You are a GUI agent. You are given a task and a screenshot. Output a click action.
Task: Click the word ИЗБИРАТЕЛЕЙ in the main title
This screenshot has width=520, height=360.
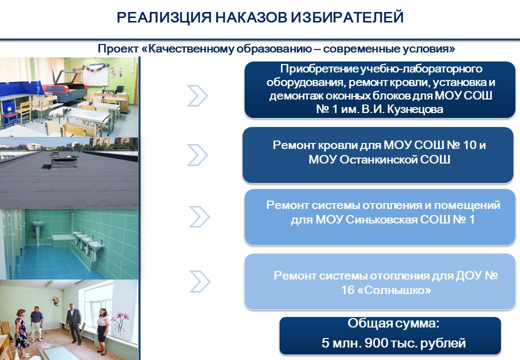[347, 17]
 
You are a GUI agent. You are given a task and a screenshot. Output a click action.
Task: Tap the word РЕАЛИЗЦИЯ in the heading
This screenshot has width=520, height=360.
[164, 17]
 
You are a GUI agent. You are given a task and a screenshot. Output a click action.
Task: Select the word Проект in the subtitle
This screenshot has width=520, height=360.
[118, 48]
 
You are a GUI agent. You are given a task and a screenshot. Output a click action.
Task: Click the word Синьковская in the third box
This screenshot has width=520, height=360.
[381, 219]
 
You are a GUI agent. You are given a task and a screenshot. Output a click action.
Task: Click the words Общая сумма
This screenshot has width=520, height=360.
[393, 323]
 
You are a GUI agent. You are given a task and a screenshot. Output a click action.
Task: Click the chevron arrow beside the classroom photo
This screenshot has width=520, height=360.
[197, 96]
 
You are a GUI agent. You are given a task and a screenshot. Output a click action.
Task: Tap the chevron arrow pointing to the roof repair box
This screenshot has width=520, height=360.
[197, 155]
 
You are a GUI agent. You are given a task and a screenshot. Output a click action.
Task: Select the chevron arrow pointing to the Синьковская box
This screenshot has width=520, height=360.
[199, 217]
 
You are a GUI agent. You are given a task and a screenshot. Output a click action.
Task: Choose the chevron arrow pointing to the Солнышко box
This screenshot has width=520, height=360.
[199, 281]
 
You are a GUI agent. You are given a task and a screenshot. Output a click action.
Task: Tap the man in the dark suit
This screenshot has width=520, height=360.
[73, 325]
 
